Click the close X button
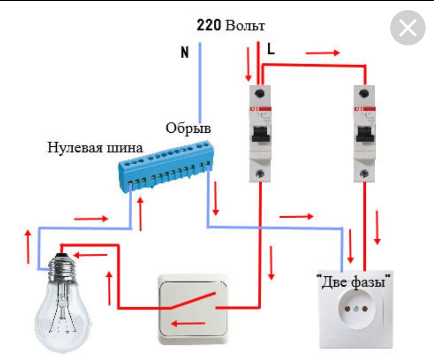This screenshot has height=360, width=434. pyautogui.click(x=407, y=28)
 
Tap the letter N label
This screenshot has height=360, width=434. pyautogui.click(x=184, y=52)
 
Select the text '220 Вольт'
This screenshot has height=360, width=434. pyautogui.click(x=231, y=26)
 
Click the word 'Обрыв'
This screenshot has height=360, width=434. pyautogui.click(x=188, y=128)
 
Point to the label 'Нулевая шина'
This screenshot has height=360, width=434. pyautogui.click(x=95, y=146)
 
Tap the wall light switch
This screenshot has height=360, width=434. pyautogui.click(x=193, y=308)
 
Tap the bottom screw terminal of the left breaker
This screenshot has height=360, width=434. pyautogui.click(x=260, y=174)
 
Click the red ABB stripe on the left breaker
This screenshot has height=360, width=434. pyautogui.click(x=260, y=109)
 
